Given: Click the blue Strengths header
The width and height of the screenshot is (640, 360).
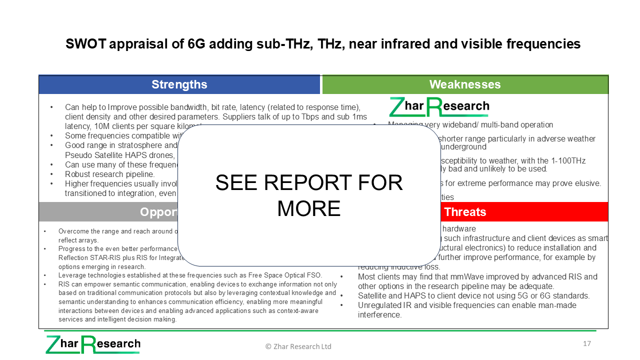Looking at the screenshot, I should click(x=179, y=84).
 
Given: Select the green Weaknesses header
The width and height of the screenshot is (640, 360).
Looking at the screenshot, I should click(x=465, y=84).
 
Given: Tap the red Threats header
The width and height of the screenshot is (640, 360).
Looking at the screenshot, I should click(x=465, y=212).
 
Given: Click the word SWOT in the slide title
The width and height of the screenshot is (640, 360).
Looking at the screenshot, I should click(x=85, y=44).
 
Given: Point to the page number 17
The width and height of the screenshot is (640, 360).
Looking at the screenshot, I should click(x=587, y=343).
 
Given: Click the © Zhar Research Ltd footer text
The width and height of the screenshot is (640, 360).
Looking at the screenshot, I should click(x=298, y=346).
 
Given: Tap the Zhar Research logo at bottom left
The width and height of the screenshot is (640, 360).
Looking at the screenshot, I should click(x=93, y=344).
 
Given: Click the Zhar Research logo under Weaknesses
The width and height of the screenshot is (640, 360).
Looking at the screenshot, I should click(x=439, y=106).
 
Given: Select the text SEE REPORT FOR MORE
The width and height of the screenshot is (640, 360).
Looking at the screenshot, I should click(x=308, y=195).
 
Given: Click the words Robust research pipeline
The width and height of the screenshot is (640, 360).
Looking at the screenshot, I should click(x=109, y=174).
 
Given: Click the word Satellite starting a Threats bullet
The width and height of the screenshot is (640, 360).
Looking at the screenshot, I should click(x=373, y=295).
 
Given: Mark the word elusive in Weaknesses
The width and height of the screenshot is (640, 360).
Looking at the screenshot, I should click(x=586, y=183).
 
